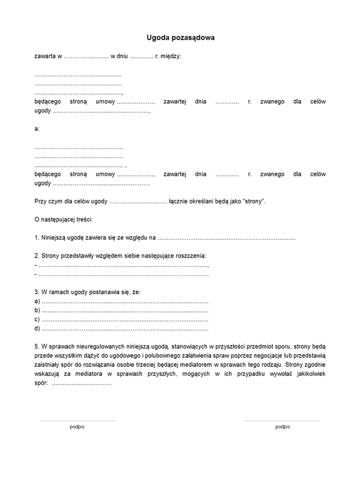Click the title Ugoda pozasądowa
pos(181,38)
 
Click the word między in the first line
pos(171,56)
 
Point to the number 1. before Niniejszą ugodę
pos(37,238)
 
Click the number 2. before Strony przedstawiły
pos(37,256)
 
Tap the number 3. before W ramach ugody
pos(37,292)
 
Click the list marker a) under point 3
pos(38,301)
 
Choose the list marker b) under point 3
pos(38,310)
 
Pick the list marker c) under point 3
pos(38,319)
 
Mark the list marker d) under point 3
pos(38,329)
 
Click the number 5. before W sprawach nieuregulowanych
pos(37,347)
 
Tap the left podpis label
pos(77,427)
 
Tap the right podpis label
pos(283,427)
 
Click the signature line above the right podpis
pos(282,421)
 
